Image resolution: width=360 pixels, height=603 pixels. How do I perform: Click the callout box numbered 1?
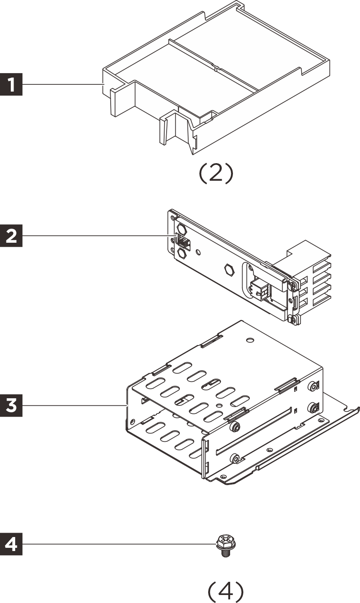[x=12, y=85]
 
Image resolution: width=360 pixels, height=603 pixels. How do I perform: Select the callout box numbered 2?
[x=12, y=236]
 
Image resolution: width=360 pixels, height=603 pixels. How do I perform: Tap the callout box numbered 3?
[x=12, y=405]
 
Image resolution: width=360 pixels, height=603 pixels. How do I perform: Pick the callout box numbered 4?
[x=12, y=544]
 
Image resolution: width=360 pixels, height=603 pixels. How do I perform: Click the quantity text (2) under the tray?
[x=215, y=174]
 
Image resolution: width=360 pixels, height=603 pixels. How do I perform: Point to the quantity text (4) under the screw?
[x=226, y=591]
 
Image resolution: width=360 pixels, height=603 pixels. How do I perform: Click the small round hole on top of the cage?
[x=250, y=341]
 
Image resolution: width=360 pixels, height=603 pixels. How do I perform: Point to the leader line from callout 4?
[x=120, y=544]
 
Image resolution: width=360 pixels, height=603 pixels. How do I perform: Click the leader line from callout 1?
[x=62, y=85]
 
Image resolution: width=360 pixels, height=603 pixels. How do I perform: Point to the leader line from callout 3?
[x=74, y=405]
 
